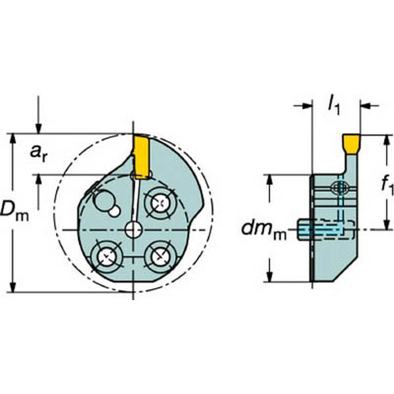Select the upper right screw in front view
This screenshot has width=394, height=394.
tap(160, 203)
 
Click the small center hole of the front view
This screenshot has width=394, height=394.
tap(133, 229)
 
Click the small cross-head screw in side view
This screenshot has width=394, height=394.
tap(339, 188)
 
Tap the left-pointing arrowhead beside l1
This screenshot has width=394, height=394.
tap(366, 105)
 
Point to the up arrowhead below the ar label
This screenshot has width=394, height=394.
tap(39, 181)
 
